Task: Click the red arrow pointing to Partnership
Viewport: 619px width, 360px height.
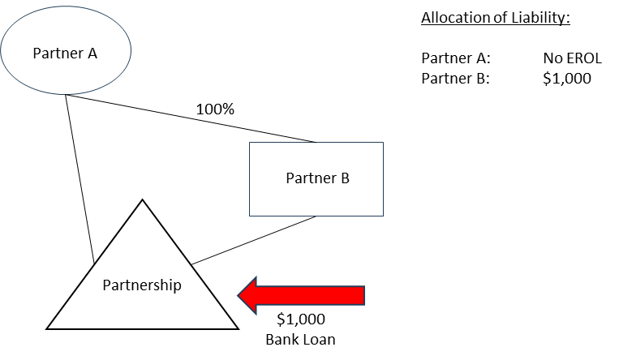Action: pyautogui.click(x=301, y=295)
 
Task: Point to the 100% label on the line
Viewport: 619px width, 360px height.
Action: pyautogui.click(x=215, y=109)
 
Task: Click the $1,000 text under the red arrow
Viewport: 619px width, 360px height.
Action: pyautogui.click(x=301, y=319)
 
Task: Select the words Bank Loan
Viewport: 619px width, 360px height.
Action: pyautogui.click(x=300, y=340)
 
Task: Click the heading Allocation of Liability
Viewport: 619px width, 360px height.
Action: pyautogui.click(x=496, y=18)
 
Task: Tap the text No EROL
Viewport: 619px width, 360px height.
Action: pyautogui.click(x=573, y=58)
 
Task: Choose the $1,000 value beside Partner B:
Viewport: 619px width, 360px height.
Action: pyautogui.click(x=567, y=78)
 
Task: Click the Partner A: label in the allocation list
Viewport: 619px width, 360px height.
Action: pyautogui.click(x=456, y=58)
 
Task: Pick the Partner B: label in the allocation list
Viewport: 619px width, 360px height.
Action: pyautogui.click(x=456, y=78)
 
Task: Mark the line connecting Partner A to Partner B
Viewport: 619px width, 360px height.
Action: pyautogui.click(x=191, y=118)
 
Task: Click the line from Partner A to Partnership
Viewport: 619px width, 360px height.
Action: pyautogui.click(x=80, y=179)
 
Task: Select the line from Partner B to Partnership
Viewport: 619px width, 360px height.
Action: pyautogui.click(x=254, y=240)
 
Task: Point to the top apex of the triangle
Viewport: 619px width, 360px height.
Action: pyautogui.click(x=143, y=199)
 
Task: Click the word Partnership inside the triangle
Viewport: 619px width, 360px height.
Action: pyautogui.click(x=142, y=285)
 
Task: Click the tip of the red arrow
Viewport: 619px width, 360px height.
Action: pyautogui.click(x=238, y=295)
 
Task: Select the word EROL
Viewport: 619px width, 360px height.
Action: pyautogui.click(x=583, y=58)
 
